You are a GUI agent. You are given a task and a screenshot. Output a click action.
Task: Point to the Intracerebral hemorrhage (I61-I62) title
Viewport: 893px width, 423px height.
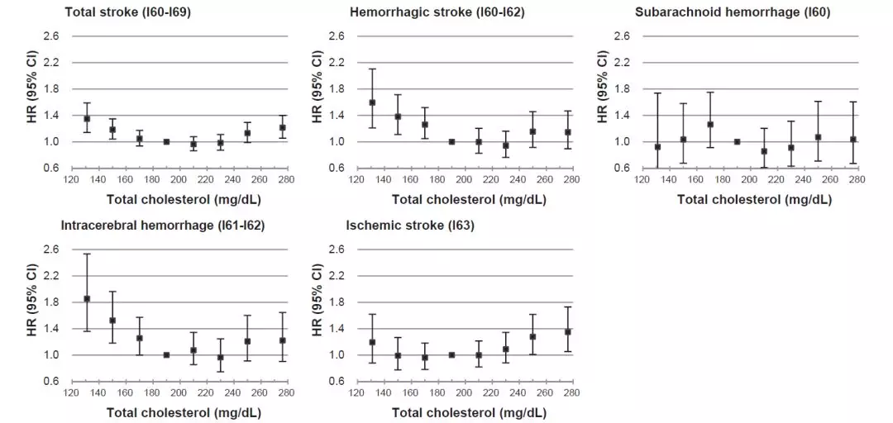click(x=163, y=226)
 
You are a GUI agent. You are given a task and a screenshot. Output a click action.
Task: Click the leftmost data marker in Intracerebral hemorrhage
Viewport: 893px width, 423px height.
click(x=87, y=299)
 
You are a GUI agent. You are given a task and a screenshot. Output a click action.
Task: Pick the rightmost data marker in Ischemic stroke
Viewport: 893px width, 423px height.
click(x=568, y=332)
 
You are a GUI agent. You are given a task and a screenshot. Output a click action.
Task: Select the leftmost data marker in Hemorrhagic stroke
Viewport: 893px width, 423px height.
click(x=372, y=102)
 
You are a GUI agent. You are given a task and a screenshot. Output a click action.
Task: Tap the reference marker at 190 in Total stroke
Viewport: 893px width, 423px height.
click(x=166, y=142)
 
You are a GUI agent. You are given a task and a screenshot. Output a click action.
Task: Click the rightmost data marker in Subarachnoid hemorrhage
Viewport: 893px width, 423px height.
click(x=853, y=140)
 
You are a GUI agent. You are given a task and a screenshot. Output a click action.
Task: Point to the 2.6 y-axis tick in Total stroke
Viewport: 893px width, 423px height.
click(x=52, y=36)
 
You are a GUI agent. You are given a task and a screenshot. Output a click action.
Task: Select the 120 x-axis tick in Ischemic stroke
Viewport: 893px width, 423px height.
click(x=356, y=392)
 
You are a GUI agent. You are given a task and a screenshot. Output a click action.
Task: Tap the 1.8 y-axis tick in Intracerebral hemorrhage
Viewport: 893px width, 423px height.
click(x=52, y=302)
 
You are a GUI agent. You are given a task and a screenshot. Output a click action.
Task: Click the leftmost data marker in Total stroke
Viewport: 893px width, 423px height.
click(x=87, y=119)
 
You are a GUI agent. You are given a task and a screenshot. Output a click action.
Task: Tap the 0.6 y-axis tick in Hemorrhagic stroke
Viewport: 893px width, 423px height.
click(x=337, y=169)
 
